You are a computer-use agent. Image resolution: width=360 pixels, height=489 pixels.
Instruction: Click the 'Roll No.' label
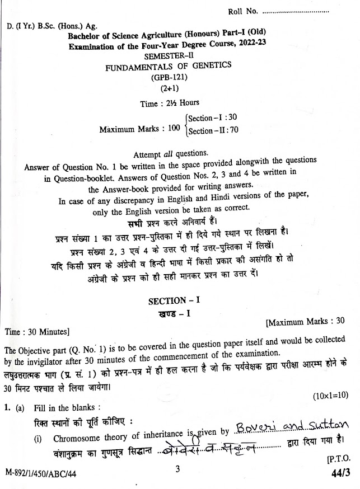pos(242,11)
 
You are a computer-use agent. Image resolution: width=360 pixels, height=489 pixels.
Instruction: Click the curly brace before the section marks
pos(185,125)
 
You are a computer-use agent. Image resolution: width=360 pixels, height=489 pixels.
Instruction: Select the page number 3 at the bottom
pos(177,471)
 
